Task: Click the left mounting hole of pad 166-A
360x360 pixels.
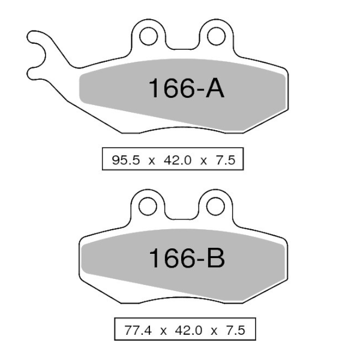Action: [148, 36]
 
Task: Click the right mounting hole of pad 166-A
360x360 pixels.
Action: [216, 36]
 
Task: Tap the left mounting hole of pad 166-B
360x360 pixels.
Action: [148, 206]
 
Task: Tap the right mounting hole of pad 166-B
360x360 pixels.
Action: [215, 206]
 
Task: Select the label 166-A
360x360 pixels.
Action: [186, 88]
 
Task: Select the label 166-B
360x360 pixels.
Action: [187, 258]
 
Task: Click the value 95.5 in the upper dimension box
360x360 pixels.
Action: [126, 160]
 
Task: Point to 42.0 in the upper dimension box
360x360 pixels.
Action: [178, 160]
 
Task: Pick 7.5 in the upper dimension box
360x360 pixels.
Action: [225, 160]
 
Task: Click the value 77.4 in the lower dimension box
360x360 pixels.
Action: [138, 331]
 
